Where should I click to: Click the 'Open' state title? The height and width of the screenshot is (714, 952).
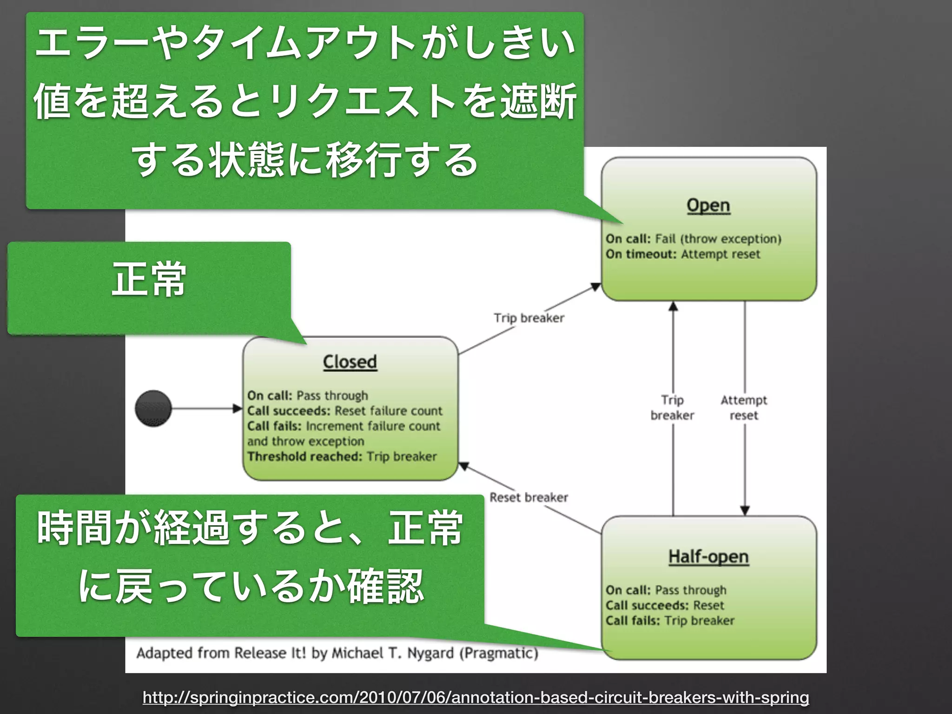[708, 205]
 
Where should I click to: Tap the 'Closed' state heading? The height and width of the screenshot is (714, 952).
[350, 362]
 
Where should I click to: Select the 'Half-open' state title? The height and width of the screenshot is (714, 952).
[708, 556]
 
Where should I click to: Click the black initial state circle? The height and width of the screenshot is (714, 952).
[153, 409]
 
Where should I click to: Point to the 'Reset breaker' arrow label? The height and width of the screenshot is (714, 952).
[529, 497]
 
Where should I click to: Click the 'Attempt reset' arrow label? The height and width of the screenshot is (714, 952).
[744, 408]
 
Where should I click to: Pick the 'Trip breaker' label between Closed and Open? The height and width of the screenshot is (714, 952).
[529, 318]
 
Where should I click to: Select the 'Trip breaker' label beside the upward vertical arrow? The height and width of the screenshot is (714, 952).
[672, 408]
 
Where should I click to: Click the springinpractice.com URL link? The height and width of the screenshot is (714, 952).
[476, 697]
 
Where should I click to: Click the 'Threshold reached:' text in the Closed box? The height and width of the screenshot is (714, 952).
[304, 456]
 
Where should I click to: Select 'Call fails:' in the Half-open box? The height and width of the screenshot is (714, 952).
[632, 621]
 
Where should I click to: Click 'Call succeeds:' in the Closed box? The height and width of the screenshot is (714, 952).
[289, 411]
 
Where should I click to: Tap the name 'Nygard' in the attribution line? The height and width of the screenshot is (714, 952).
[430, 653]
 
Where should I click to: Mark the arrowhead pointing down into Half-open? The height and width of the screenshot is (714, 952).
[745, 510]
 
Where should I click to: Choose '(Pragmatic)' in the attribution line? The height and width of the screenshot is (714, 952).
[498, 653]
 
